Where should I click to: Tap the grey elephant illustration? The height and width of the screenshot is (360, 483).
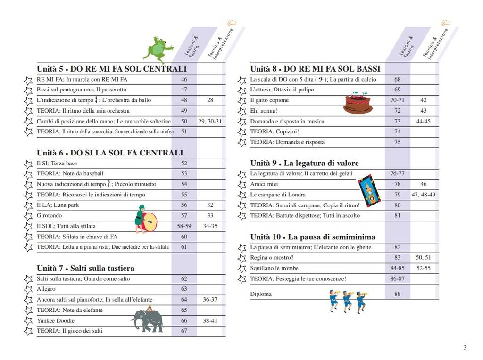point(148,320)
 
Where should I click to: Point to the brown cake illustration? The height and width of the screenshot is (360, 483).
point(358,104)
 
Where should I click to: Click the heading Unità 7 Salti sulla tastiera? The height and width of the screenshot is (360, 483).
point(85,268)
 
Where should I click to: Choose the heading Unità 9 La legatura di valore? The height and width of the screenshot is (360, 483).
point(304,163)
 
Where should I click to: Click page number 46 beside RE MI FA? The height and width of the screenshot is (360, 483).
point(184,79)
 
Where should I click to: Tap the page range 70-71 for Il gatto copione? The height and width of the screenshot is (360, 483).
point(398,100)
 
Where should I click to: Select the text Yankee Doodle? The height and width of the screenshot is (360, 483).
point(56,320)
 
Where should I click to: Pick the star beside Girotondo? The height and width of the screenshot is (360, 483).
point(28,216)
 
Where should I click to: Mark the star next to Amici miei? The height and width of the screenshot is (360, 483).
point(242,185)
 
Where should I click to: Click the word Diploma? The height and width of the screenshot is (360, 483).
point(261,294)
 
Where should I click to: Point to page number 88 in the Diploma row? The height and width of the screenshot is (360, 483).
point(397,294)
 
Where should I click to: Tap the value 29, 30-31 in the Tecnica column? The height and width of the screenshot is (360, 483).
point(210,121)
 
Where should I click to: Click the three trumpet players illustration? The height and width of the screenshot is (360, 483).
point(348,301)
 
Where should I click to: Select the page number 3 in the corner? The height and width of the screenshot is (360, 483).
point(465,348)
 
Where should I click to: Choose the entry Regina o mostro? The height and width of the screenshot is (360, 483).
point(272,258)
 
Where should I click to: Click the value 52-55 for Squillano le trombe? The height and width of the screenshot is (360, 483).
point(423,268)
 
